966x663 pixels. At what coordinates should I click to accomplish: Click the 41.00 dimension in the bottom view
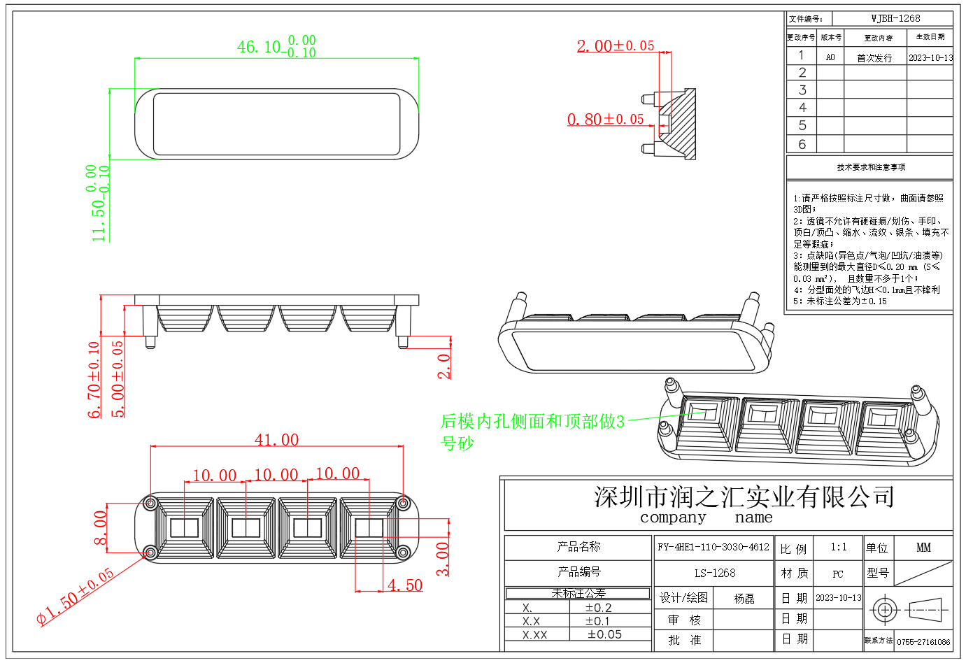pos(276,440)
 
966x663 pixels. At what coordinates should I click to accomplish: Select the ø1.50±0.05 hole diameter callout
pos(76,596)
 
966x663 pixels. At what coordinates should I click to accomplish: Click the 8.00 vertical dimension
pos(101,528)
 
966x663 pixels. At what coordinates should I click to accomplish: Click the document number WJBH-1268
pos(895,18)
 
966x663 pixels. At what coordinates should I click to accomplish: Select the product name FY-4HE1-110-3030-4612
pos(713,547)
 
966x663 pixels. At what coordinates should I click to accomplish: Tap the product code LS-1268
pos(714,573)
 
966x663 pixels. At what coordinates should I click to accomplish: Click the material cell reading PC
pos(838,574)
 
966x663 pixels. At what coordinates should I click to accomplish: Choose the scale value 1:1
pos(838,547)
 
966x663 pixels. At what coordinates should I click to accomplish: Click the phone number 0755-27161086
pos(923,641)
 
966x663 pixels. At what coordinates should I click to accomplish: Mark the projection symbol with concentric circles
pos(884,610)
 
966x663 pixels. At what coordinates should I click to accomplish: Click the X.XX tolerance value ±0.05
pos(604,634)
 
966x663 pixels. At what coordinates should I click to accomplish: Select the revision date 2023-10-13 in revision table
pos(930,57)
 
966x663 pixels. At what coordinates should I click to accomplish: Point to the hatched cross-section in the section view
pos(682,126)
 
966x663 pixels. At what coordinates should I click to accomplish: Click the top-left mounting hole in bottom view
pos(150,503)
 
